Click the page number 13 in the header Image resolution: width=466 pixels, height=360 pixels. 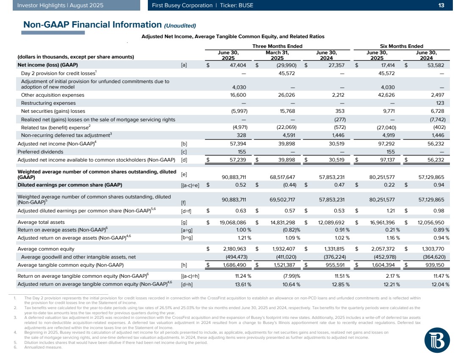(x=441, y=5)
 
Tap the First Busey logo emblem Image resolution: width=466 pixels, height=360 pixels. (x=436, y=340)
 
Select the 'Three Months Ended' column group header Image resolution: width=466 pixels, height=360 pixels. (x=277, y=46)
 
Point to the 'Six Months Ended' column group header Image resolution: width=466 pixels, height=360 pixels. (x=402, y=46)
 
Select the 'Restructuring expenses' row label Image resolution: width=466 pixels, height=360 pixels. (x=48, y=103)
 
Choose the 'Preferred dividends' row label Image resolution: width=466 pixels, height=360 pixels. (x=40, y=151)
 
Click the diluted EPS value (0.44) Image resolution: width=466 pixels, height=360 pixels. (x=287, y=185)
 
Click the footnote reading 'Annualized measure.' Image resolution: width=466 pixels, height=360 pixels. (x=43, y=347)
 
